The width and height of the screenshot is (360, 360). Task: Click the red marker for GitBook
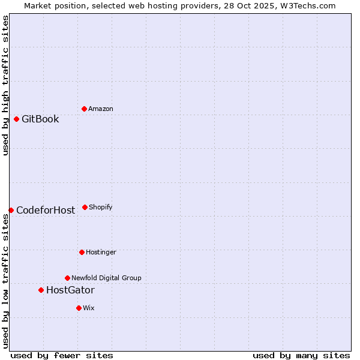point(16,119)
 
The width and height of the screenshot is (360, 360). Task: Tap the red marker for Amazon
point(84,109)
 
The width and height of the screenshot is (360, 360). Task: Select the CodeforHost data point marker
point(11,210)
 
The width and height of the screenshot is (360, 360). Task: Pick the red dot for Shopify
point(85,207)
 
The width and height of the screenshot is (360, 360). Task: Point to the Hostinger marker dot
point(82,252)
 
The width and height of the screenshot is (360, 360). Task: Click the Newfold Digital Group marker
point(67,278)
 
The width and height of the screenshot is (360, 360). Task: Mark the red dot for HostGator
point(41,290)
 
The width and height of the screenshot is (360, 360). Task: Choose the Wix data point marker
point(79,308)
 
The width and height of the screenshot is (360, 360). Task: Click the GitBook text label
point(40,119)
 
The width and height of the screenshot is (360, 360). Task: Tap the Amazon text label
point(101,109)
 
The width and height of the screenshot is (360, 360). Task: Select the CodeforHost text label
point(46,210)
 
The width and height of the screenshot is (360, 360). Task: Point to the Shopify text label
point(101,207)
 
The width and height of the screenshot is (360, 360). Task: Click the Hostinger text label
point(101,252)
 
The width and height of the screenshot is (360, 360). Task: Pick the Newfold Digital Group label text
point(106,278)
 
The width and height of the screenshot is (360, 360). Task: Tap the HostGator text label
point(70,290)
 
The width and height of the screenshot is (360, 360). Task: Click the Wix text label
point(89,308)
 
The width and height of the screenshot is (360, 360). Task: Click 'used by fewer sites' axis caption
point(62,355)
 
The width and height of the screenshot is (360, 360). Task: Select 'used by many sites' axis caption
point(301,355)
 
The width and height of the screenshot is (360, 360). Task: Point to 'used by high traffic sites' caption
point(5,85)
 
